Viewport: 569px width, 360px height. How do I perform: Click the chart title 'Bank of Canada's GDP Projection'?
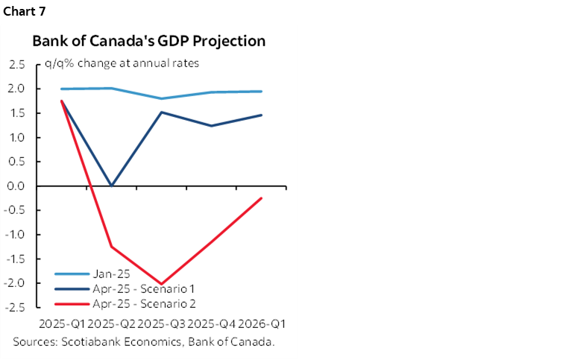[x=148, y=41]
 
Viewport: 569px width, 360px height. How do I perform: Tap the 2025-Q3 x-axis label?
[x=162, y=325]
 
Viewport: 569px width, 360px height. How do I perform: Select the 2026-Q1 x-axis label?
[x=262, y=325]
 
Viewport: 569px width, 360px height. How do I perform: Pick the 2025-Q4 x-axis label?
[x=212, y=325]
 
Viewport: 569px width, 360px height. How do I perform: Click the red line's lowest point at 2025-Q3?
[x=162, y=284]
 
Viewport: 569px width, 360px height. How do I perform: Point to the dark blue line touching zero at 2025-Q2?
[x=112, y=186]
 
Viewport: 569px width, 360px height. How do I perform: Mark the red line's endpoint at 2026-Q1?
[x=262, y=198]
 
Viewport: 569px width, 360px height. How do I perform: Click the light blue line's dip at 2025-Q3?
[x=162, y=98]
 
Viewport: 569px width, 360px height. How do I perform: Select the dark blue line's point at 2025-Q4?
[x=212, y=125]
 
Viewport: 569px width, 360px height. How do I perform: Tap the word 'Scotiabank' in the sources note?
[x=86, y=342]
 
